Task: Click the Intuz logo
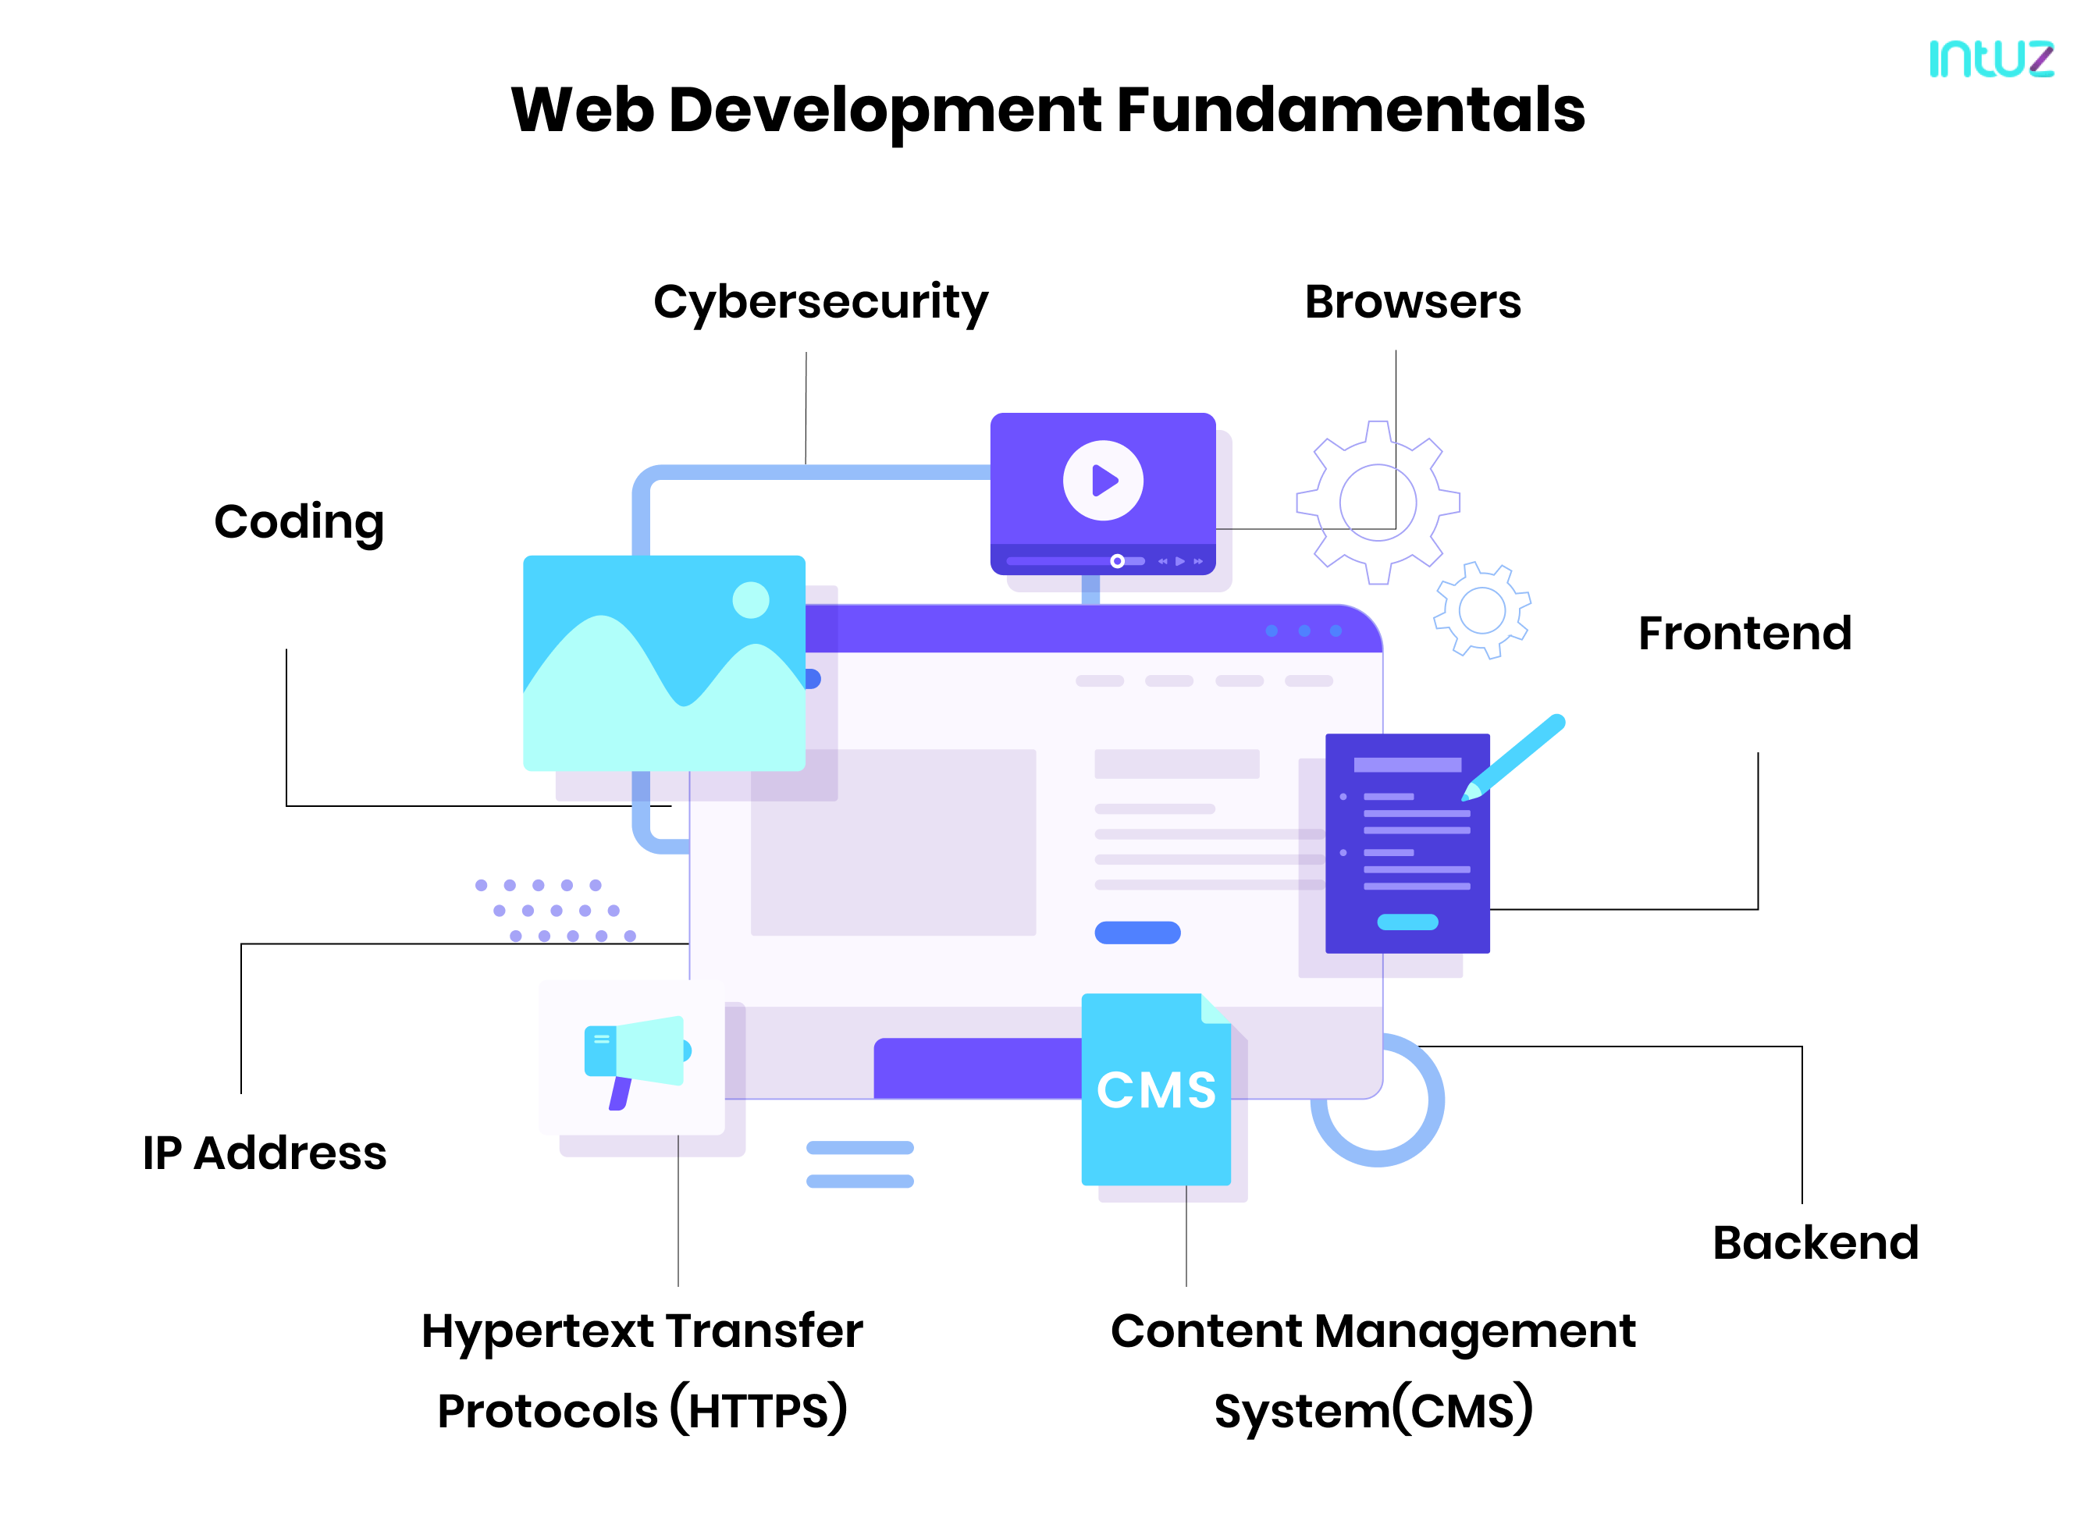[1990, 59]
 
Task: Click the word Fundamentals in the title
[1350, 110]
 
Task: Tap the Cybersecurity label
[820, 303]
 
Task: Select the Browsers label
[1411, 303]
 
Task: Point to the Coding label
[299, 523]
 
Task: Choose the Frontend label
[1744, 634]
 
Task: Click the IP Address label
[265, 1153]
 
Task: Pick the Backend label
[1815, 1242]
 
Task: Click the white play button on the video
[1103, 481]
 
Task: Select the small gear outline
[1481, 610]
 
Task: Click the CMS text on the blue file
[1155, 1089]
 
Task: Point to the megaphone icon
[636, 1054]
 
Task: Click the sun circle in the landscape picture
[750, 600]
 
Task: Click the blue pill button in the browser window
[1136, 933]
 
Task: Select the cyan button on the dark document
[1407, 921]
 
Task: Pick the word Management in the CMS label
[1474, 1332]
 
